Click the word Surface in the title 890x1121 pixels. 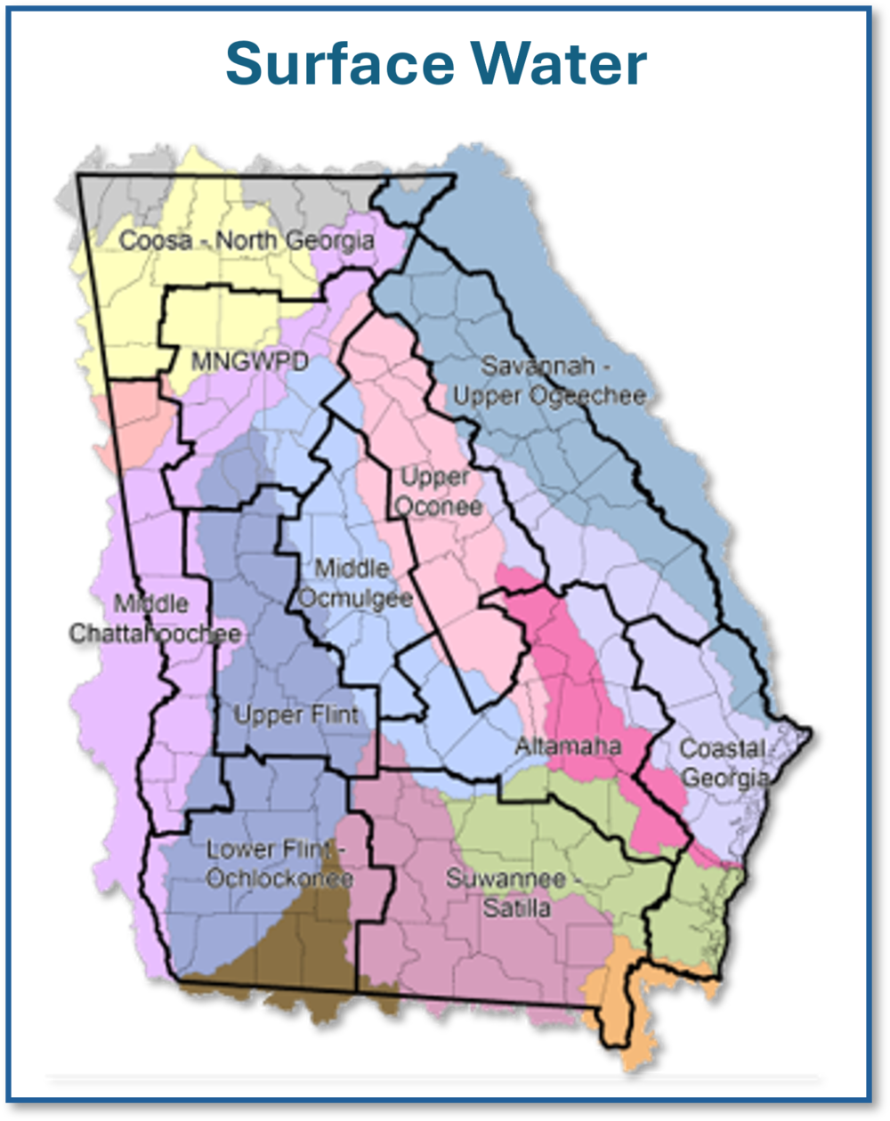pos(326,63)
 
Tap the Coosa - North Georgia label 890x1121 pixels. pos(247,240)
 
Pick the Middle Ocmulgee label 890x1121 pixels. pos(354,583)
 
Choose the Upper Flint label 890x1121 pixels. pos(295,714)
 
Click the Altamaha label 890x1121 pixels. pos(568,746)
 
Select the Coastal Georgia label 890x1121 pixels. pos(723,762)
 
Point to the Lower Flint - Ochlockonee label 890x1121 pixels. pos(279,864)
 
